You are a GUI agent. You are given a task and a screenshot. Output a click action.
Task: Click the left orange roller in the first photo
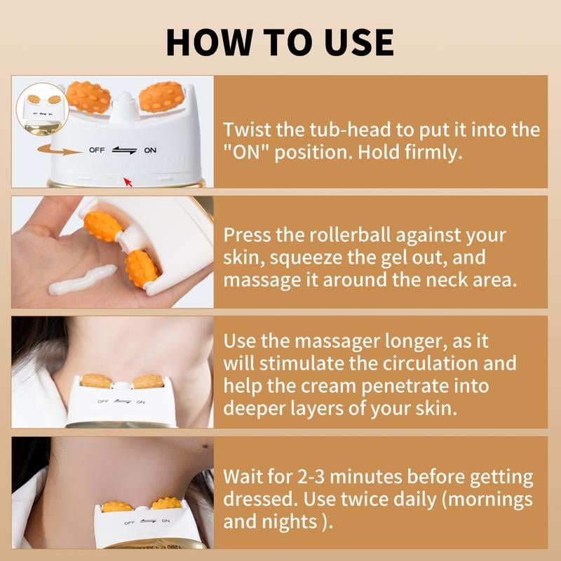pos(89,97)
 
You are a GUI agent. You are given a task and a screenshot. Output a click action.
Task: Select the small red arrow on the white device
pos(128,183)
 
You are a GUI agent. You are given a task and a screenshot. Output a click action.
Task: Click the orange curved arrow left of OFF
pos(60,149)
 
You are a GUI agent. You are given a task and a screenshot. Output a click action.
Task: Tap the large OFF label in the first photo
pos(97,150)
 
